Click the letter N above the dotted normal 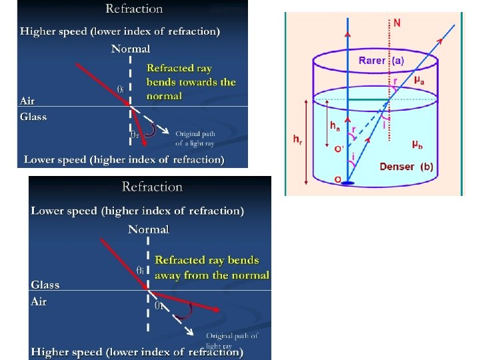click(x=397, y=23)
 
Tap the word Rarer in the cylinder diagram click(x=372, y=61)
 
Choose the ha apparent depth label click(x=335, y=125)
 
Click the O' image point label click(x=339, y=149)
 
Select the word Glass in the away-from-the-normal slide click(x=45, y=285)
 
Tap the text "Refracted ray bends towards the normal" click(x=191, y=82)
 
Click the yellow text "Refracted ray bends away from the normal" click(x=212, y=267)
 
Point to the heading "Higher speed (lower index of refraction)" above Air click(x=120, y=31)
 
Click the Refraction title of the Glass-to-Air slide click(x=152, y=187)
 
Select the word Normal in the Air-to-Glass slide click(x=131, y=49)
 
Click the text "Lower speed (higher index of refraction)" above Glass click(x=137, y=211)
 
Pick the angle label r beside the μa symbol click(x=395, y=81)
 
